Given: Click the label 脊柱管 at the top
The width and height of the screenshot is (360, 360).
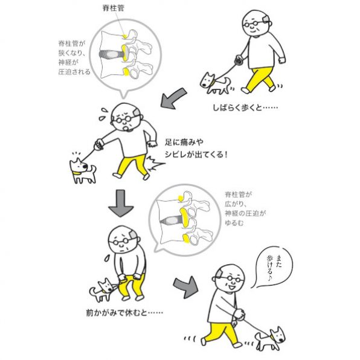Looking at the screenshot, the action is click(113, 8).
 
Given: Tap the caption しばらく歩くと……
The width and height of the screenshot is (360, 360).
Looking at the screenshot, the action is click(245, 108).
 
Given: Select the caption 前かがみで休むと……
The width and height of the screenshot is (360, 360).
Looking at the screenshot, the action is click(124, 312).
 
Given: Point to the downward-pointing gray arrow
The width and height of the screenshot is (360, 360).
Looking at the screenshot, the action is click(121, 203).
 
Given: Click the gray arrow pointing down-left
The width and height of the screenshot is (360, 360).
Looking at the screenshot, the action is click(173, 98).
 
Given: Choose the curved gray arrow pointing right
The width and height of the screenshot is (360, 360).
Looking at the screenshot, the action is click(186, 287).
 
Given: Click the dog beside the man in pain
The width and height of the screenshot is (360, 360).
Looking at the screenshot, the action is click(83, 170).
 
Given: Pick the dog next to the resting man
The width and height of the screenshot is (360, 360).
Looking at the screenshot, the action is click(104, 290).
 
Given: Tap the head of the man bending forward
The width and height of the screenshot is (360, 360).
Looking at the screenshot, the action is click(124, 239).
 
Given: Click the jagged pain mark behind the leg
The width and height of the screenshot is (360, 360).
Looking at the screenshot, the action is click(155, 164).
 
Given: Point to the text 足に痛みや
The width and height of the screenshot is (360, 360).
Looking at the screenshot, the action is click(184, 143).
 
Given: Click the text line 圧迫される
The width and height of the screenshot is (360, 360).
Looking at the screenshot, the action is click(74, 72).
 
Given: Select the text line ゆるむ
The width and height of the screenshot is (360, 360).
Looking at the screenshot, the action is click(234, 223).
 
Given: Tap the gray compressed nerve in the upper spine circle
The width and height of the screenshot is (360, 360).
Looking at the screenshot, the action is click(112, 54).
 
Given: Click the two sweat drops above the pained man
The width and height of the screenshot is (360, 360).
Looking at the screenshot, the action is click(103, 114).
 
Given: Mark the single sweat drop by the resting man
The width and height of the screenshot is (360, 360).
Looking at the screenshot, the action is click(107, 259).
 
